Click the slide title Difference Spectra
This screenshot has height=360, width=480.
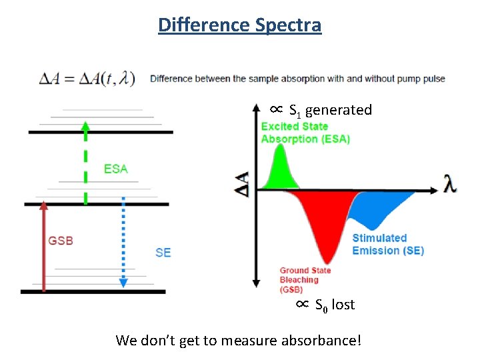[x=240, y=25]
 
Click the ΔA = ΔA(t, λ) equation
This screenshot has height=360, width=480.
[x=87, y=79]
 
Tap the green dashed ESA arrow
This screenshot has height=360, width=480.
[x=85, y=163]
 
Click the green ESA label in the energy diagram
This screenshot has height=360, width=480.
[x=115, y=169]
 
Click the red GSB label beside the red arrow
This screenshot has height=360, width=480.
[x=61, y=241]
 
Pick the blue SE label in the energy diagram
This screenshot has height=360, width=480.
[x=163, y=252]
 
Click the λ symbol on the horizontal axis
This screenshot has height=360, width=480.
[x=451, y=185]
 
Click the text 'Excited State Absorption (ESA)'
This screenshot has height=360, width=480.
[x=305, y=133]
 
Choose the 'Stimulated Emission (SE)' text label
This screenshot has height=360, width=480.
[x=388, y=244]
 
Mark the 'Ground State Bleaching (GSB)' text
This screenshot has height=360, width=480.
[x=305, y=280]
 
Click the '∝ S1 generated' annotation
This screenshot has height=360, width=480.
[x=321, y=110]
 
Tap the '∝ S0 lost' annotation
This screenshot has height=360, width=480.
[x=325, y=305]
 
